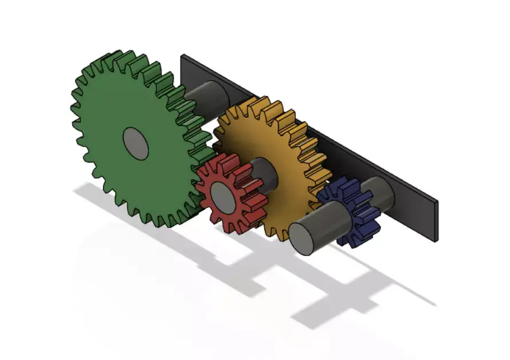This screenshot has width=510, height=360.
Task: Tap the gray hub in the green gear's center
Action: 136,143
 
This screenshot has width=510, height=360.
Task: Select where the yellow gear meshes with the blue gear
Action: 324,192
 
